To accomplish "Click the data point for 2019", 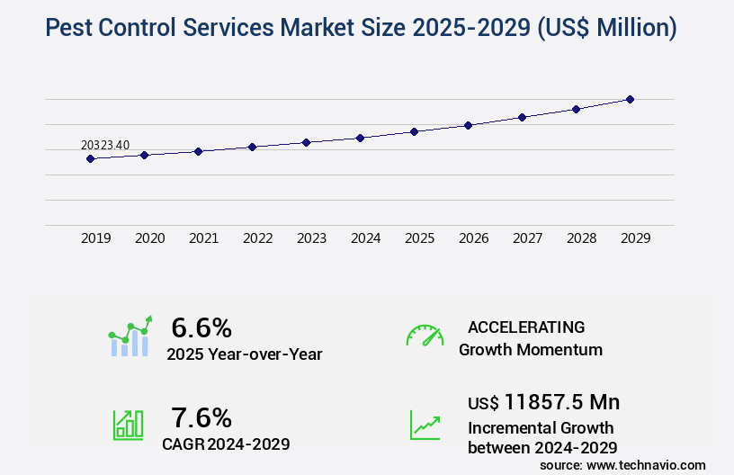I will click(90, 158).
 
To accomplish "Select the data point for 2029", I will click(630, 99).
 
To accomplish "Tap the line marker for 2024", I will click(360, 138).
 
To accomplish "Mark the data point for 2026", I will click(468, 125).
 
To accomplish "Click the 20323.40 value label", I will click(105, 145).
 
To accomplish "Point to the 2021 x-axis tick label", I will click(204, 238).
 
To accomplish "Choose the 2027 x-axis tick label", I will click(528, 238).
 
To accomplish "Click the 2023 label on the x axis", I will click(312, 238).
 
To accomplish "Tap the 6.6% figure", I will click(201, 327).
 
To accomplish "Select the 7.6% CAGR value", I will click(201, 417).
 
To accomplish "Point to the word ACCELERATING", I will click(526, 327).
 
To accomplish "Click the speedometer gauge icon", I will click(425, 336).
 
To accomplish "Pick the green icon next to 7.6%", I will click(128, 425).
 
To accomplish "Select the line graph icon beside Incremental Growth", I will click(425, 425).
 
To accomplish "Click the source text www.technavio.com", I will click(646, 464).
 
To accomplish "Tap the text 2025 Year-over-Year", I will click(244, 354).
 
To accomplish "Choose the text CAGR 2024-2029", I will click(226, 444).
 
